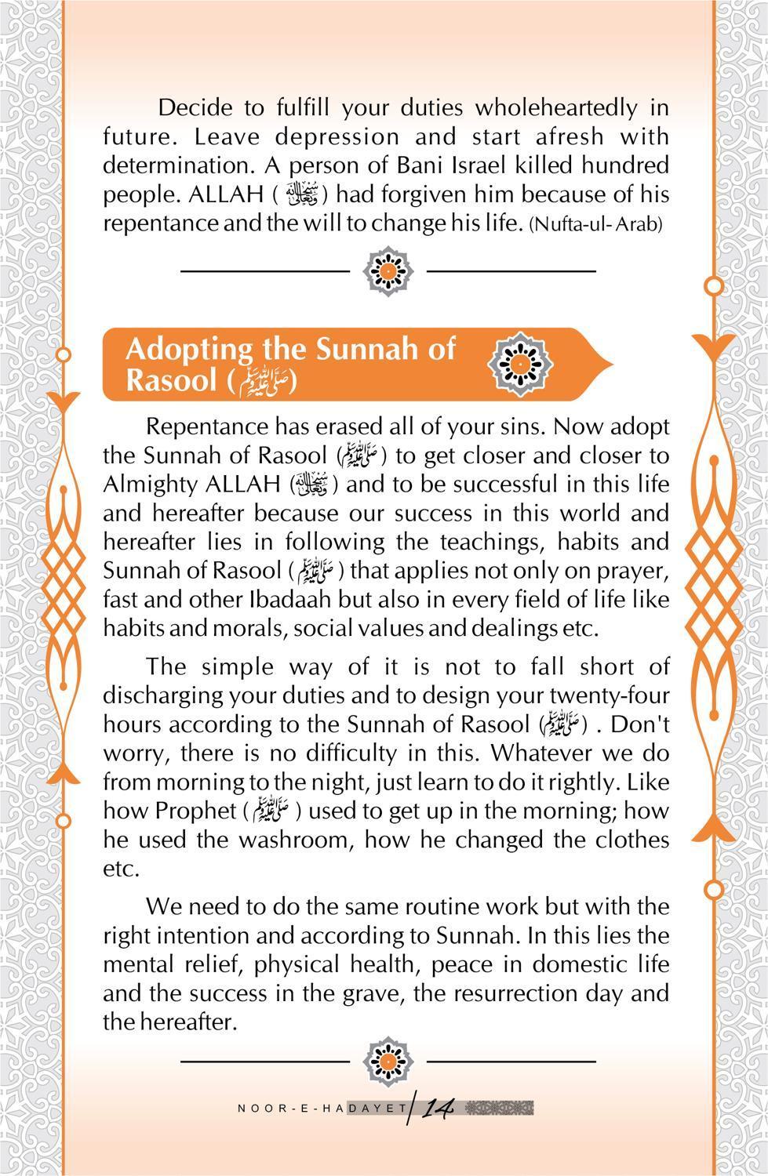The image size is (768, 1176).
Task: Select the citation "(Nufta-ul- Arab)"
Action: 595,224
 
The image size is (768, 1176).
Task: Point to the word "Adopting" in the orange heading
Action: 189,348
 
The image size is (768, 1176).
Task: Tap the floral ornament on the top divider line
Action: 388,270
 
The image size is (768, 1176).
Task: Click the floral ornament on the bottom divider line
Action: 388,1061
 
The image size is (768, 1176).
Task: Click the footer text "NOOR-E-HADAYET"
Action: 322,1109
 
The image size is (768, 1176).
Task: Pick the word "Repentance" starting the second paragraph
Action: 203,427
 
